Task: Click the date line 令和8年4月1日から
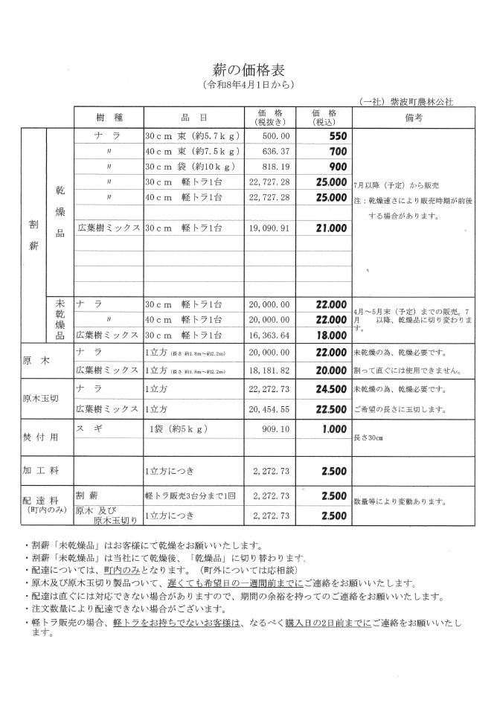point(248,85)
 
